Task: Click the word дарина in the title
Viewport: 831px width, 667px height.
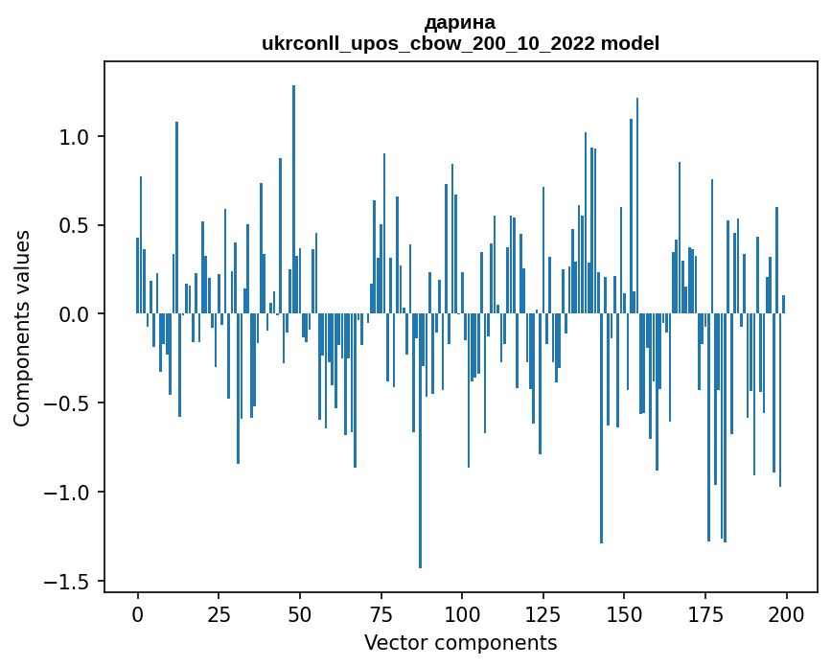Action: coord(460,22)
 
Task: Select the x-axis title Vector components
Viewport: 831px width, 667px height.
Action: coord(460,642)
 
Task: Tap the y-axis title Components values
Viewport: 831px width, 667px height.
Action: coord(22,328)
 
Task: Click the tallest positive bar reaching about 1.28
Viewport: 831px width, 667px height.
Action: coord(293,192)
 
